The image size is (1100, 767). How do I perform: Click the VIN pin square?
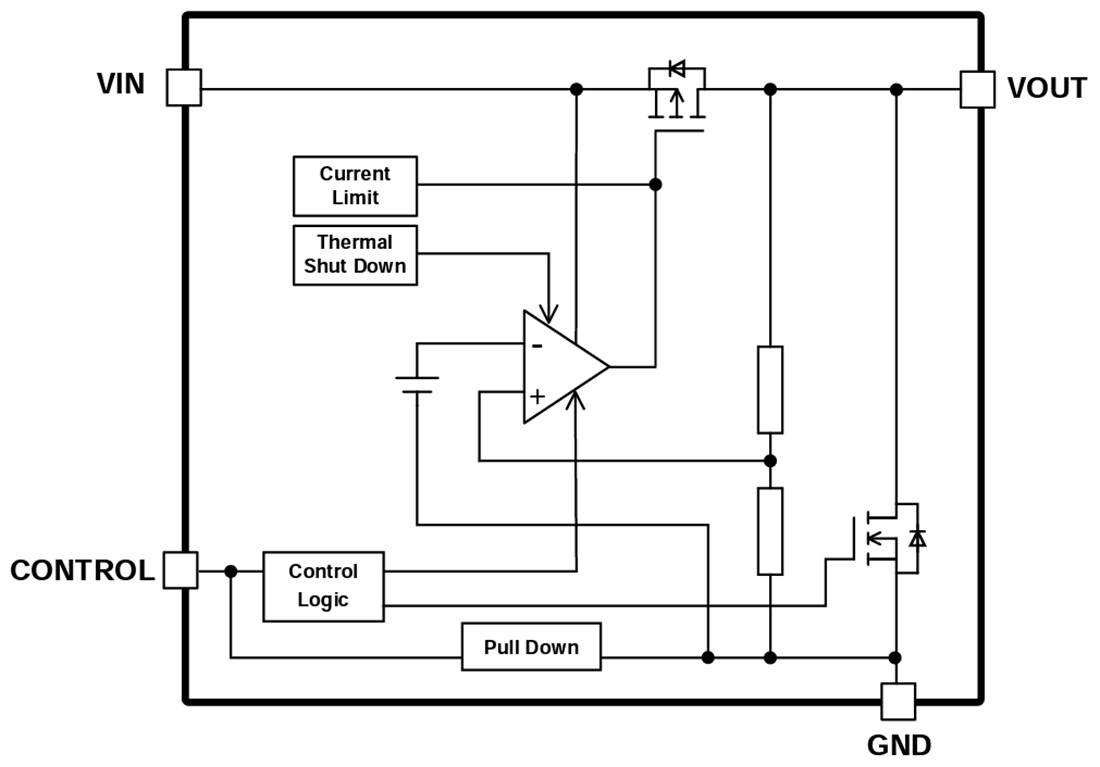tap(183, 87)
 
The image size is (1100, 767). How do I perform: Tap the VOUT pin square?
tap(977, 89)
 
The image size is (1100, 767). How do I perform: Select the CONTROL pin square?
tap(180, 570)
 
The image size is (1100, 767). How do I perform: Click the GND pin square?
tap(897, 701)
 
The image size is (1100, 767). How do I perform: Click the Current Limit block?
tap(355, 186)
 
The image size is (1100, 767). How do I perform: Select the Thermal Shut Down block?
tap(355, 255)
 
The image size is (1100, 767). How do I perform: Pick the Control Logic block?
tap(323, 586)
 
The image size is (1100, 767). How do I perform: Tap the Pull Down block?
tap(531, 647)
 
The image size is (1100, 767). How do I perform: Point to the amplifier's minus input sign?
tap(537, 345)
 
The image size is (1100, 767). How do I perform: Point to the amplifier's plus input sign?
tap(537, 396)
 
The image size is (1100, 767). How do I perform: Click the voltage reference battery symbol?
tap(417, 384)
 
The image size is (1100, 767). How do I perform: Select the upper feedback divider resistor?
tap(769, 389)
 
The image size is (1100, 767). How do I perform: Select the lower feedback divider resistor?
tap(769, 531)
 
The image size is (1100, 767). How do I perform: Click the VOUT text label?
tap(1046, 89)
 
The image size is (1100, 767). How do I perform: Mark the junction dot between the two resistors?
tap(769, 460)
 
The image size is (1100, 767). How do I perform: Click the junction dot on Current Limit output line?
tap(655, 185)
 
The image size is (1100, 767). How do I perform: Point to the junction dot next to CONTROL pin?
tap(231, 571)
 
